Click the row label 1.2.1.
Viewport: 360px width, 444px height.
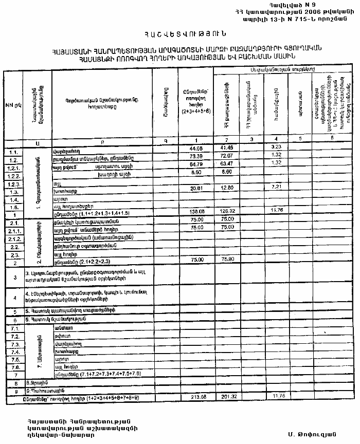click(14, 168)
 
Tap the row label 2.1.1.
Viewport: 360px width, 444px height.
click(14, 231)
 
